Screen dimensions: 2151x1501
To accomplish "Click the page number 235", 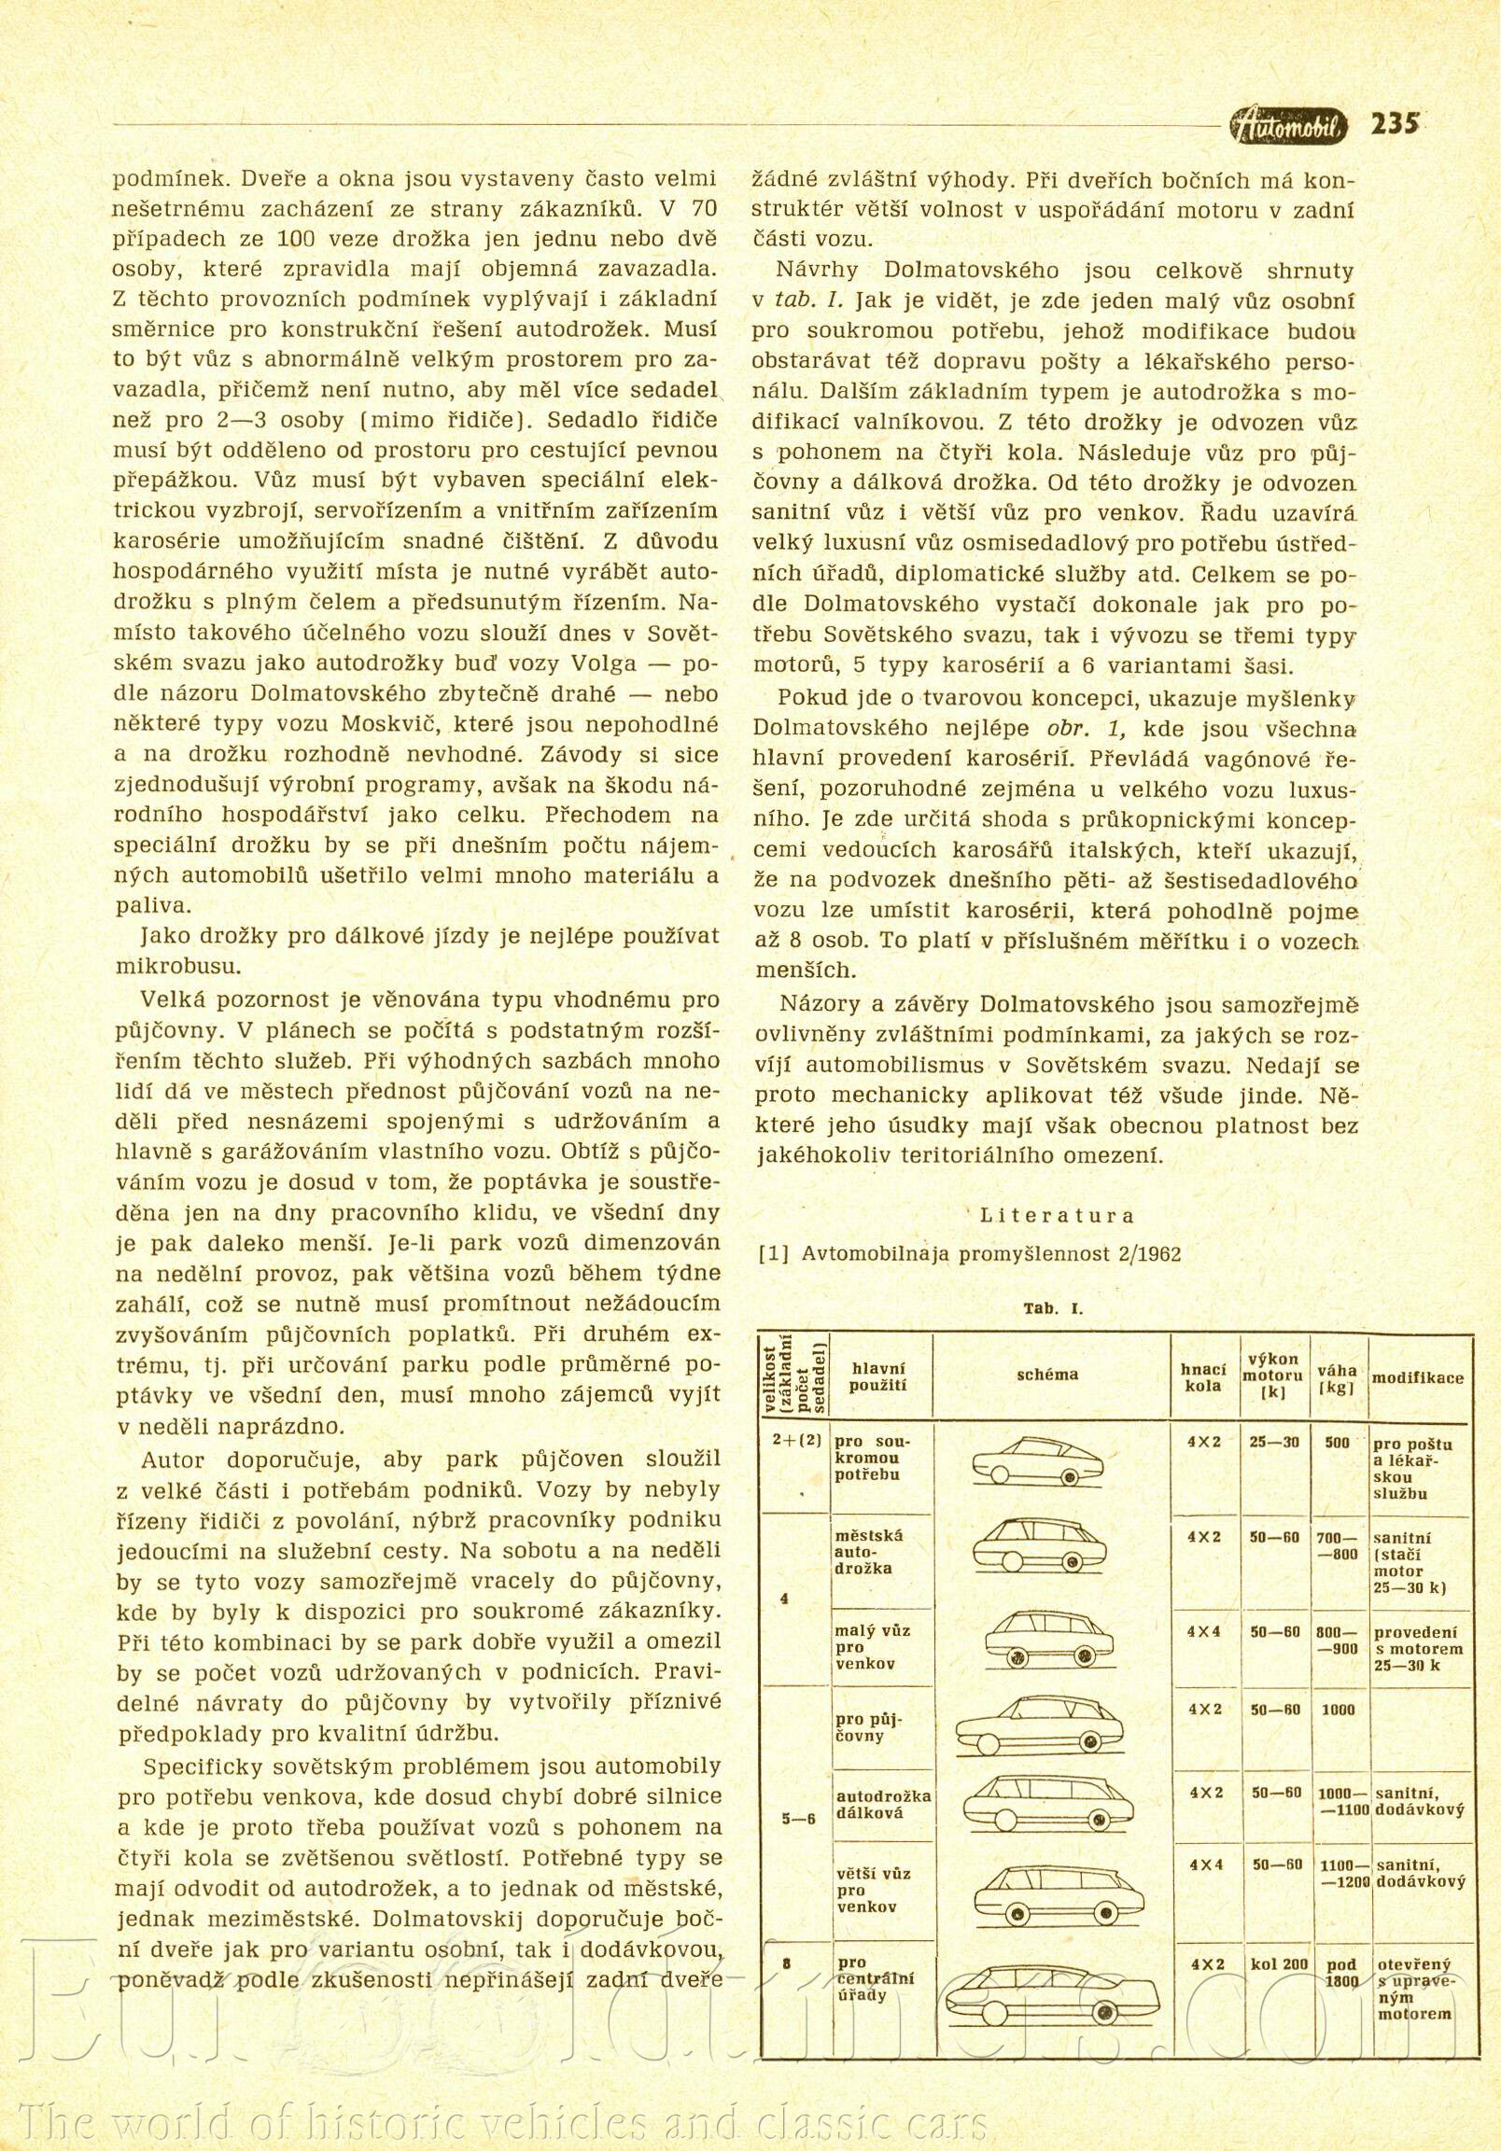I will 1395,125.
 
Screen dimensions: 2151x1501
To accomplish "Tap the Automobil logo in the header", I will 1290,126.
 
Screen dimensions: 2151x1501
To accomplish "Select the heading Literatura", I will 1058,1216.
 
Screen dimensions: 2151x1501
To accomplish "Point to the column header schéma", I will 1047,1375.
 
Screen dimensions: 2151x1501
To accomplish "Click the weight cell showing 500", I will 1337,1443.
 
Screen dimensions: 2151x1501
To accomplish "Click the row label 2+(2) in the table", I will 796,1442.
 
